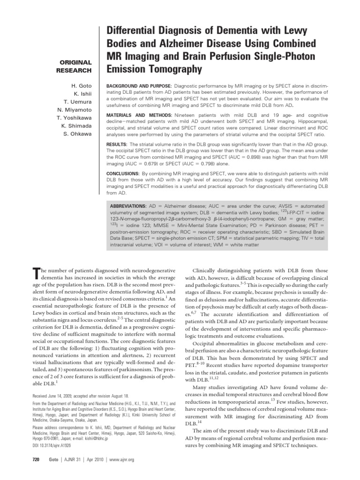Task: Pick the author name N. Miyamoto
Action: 75,110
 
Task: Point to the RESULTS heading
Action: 117,144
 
